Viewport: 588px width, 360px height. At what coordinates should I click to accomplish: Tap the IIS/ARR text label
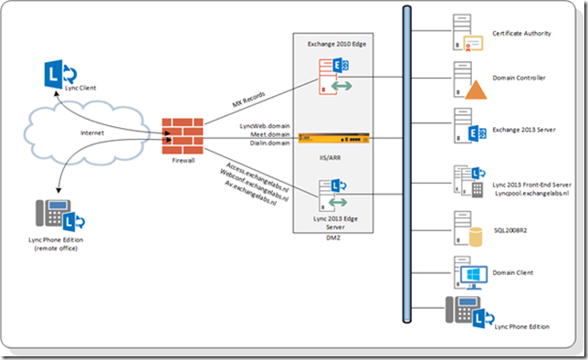point(331,157)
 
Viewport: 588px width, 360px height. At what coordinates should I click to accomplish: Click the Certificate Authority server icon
point(463,35)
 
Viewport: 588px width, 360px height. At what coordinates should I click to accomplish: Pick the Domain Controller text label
point(519,79)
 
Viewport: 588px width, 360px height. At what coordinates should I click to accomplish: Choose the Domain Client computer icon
point(466,271)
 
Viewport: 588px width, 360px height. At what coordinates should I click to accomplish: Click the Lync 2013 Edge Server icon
point(331,195)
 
